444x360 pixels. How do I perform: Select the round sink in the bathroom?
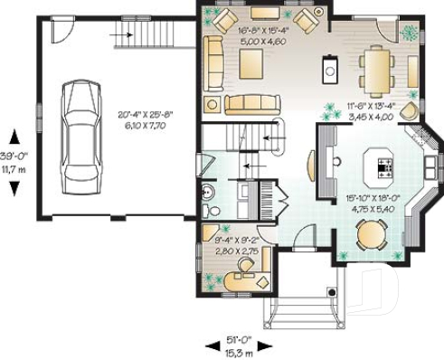click(x=209, y=191)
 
